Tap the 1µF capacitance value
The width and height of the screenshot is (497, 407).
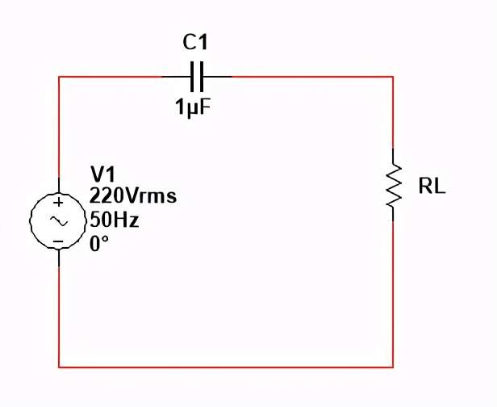point(194,106)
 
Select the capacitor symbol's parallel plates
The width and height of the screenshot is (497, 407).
point(198,77)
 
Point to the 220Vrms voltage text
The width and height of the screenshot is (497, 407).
point(133,196)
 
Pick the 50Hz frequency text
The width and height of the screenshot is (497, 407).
point(114,219)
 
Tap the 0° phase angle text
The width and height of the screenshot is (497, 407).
point(99,242)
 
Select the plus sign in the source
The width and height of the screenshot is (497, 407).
point(58,202)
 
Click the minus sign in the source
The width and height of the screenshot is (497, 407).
point(58,241)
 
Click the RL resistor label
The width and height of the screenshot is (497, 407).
point(432,188)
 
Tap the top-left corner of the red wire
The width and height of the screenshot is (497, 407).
point(59,77)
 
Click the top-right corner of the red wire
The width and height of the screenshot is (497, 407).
point(393,77)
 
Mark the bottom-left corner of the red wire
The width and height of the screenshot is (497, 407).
point(59,367)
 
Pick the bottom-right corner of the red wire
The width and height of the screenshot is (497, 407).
point(393,367)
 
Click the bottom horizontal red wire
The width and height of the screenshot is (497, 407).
point(226,367)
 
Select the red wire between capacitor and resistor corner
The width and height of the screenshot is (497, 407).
point(315,77)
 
